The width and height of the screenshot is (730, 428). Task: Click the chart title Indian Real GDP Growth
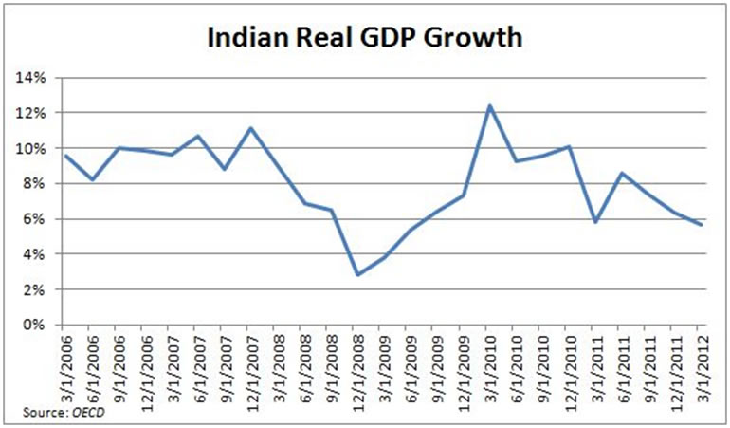[x=365, y=40]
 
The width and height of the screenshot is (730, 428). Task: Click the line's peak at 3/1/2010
[x=490, y=105]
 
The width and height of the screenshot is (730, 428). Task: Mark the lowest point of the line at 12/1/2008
[x=357, y=274]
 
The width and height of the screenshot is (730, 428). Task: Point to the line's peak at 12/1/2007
[x=251, y=128]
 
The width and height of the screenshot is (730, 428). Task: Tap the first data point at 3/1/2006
[x=65, y=156]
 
